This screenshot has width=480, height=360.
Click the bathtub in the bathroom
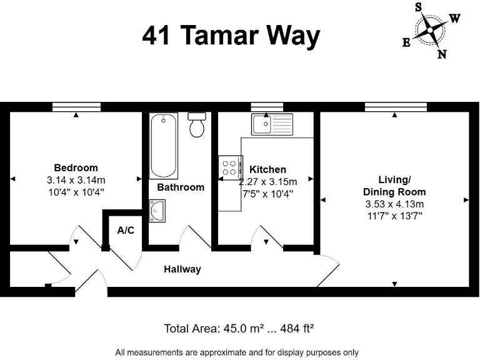pyautogui.click(x=162, y=145)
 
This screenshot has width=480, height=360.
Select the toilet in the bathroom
pyautogui.click(x=197, y=125)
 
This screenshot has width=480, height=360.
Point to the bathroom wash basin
pyautogui.click(x=157, y=210)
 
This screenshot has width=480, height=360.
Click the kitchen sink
pyautogui.click(x=272, y=124)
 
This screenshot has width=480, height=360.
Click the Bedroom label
pyautogui.click(x=76, y=167)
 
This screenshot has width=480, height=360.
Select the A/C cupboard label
pyautogui.click(x=126, y=230)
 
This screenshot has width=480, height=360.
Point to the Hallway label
pyautogui.click(x=182, y=269)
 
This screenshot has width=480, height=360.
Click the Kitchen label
pyautogui.click(x=267, y=169)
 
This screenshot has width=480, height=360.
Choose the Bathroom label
pyautogui.click(x=181, y=187)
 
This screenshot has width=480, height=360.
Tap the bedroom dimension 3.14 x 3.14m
pyautogui.click(x=76, y=179)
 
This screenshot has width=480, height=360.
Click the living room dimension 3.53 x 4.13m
pyautogui.click(x=394, y=204)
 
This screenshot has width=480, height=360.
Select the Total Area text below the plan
pyautogui.click(x=239, y=328)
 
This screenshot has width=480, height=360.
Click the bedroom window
pyautogui.click(x=76, y=107)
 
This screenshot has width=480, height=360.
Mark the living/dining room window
pyautogui.click(x=396, y=107)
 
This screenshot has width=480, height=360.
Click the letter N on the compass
pyautogui.click(x=442, y=54)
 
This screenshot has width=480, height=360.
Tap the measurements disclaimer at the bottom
pyautogui.click(x=237, y=352)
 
